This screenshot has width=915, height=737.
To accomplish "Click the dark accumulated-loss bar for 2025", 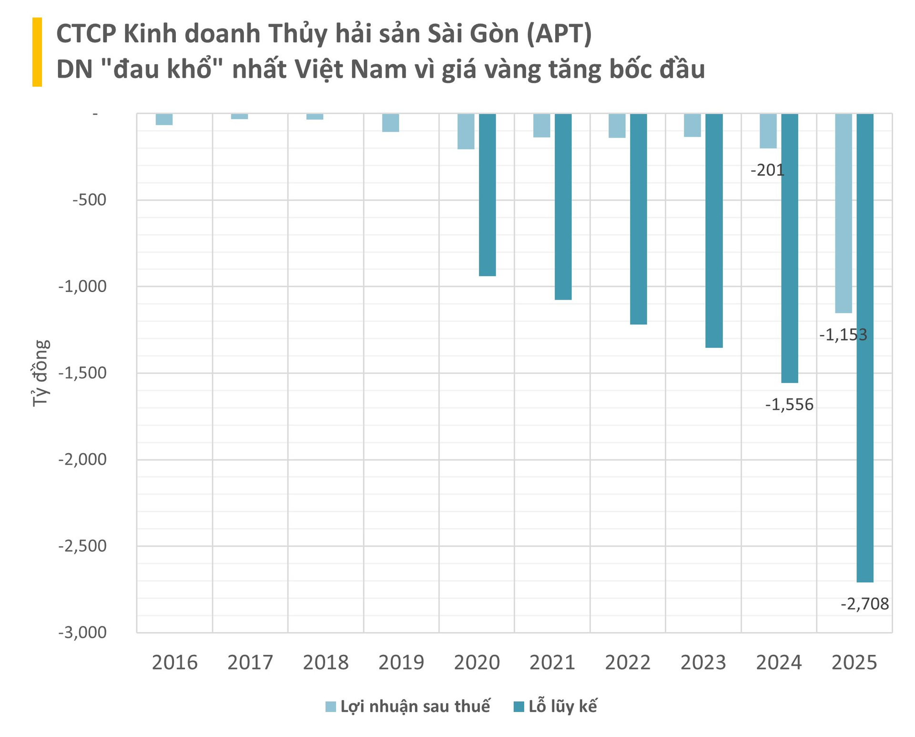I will tap(864, 348).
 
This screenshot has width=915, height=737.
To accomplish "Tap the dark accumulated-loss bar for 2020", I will tap(487, 195).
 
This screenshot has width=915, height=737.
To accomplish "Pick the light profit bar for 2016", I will tap(164, 120).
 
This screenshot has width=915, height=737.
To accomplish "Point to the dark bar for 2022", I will tap(638, 219).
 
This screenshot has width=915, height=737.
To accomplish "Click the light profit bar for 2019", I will tap(390, 123).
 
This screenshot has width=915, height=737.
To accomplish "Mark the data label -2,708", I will tap(864, 604).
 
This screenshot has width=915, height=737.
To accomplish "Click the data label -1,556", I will tap(789, 405).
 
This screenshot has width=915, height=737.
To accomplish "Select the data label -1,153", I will tap(843, 335).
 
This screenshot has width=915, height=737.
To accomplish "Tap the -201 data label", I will tap(767, 171).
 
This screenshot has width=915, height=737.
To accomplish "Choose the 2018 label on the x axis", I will tap(325, 663).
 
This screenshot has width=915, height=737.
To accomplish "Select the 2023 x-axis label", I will tap(703, 663).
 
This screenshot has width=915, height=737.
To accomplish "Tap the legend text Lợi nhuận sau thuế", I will tap(415, 707).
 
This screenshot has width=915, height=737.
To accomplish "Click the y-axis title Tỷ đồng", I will tap(41, 373).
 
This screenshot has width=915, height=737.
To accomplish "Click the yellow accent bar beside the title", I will tap(37, 52).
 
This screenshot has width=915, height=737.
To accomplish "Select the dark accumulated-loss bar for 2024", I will tap(789, 248).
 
